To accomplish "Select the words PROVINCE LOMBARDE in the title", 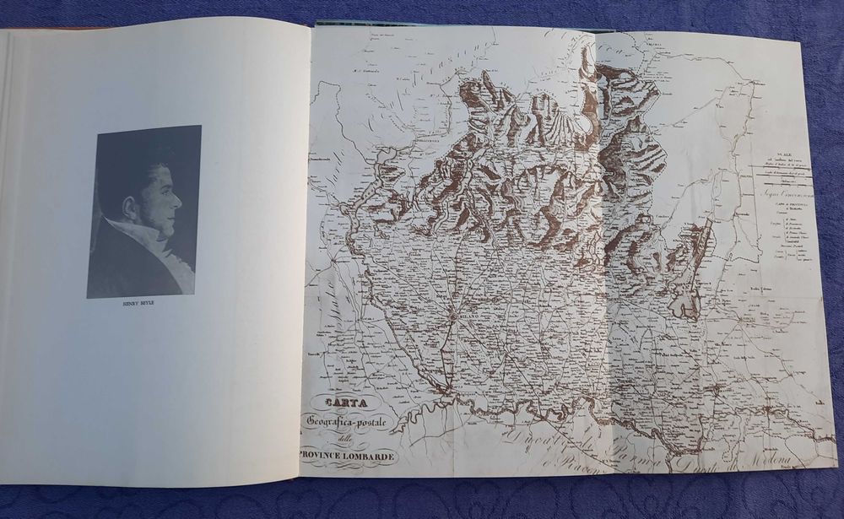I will pyautogui.click(x=347, y=457).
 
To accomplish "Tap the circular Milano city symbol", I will pyautogui.click(x=452, y=318).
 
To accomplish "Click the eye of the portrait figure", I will pyautogui.click(x=167, y=191).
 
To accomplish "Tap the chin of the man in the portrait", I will pyautogui.click(x=169, y=228).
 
